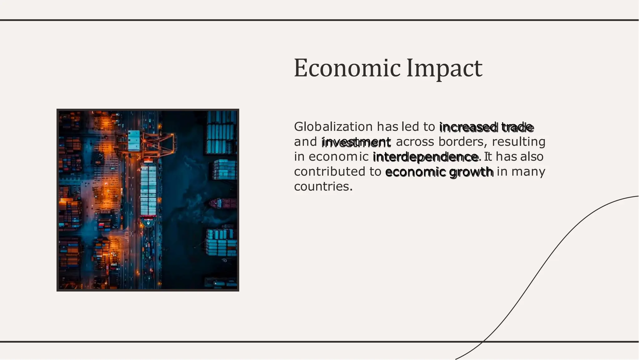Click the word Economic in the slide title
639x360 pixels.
pyautogui.click(x=347, y=68)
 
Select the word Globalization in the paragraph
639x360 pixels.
pyautogui.click(x=333, y=127)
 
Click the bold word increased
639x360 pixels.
pyautogui.click(x=468, y=127)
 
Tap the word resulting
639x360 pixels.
pyautogui.click(x=519, y=142)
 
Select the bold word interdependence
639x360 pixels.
pyautogui.click(x=425, y=157)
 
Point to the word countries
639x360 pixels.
pyautogui.click(x=323, y=187)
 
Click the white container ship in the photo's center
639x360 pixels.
pyautogui.click(x=148, y=190)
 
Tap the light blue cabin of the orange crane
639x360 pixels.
pyautogui.click(x=134, y=140)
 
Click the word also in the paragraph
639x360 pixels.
pyautogui.click(x=532, y=157)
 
